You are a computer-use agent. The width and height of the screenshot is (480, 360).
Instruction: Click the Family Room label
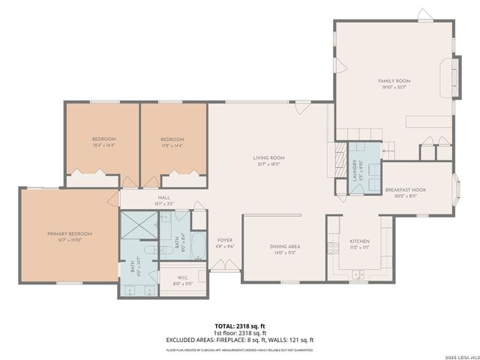(x=394, y=81)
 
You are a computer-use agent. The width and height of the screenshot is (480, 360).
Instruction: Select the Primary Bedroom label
(x=68, y=234)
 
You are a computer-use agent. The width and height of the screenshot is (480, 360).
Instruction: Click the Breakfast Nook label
(x=406, y=190)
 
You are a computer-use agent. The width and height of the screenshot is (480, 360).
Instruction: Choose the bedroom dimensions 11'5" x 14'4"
(x=172, y=145)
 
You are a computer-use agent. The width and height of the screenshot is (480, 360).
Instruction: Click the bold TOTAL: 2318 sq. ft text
(x=240, y=326)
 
